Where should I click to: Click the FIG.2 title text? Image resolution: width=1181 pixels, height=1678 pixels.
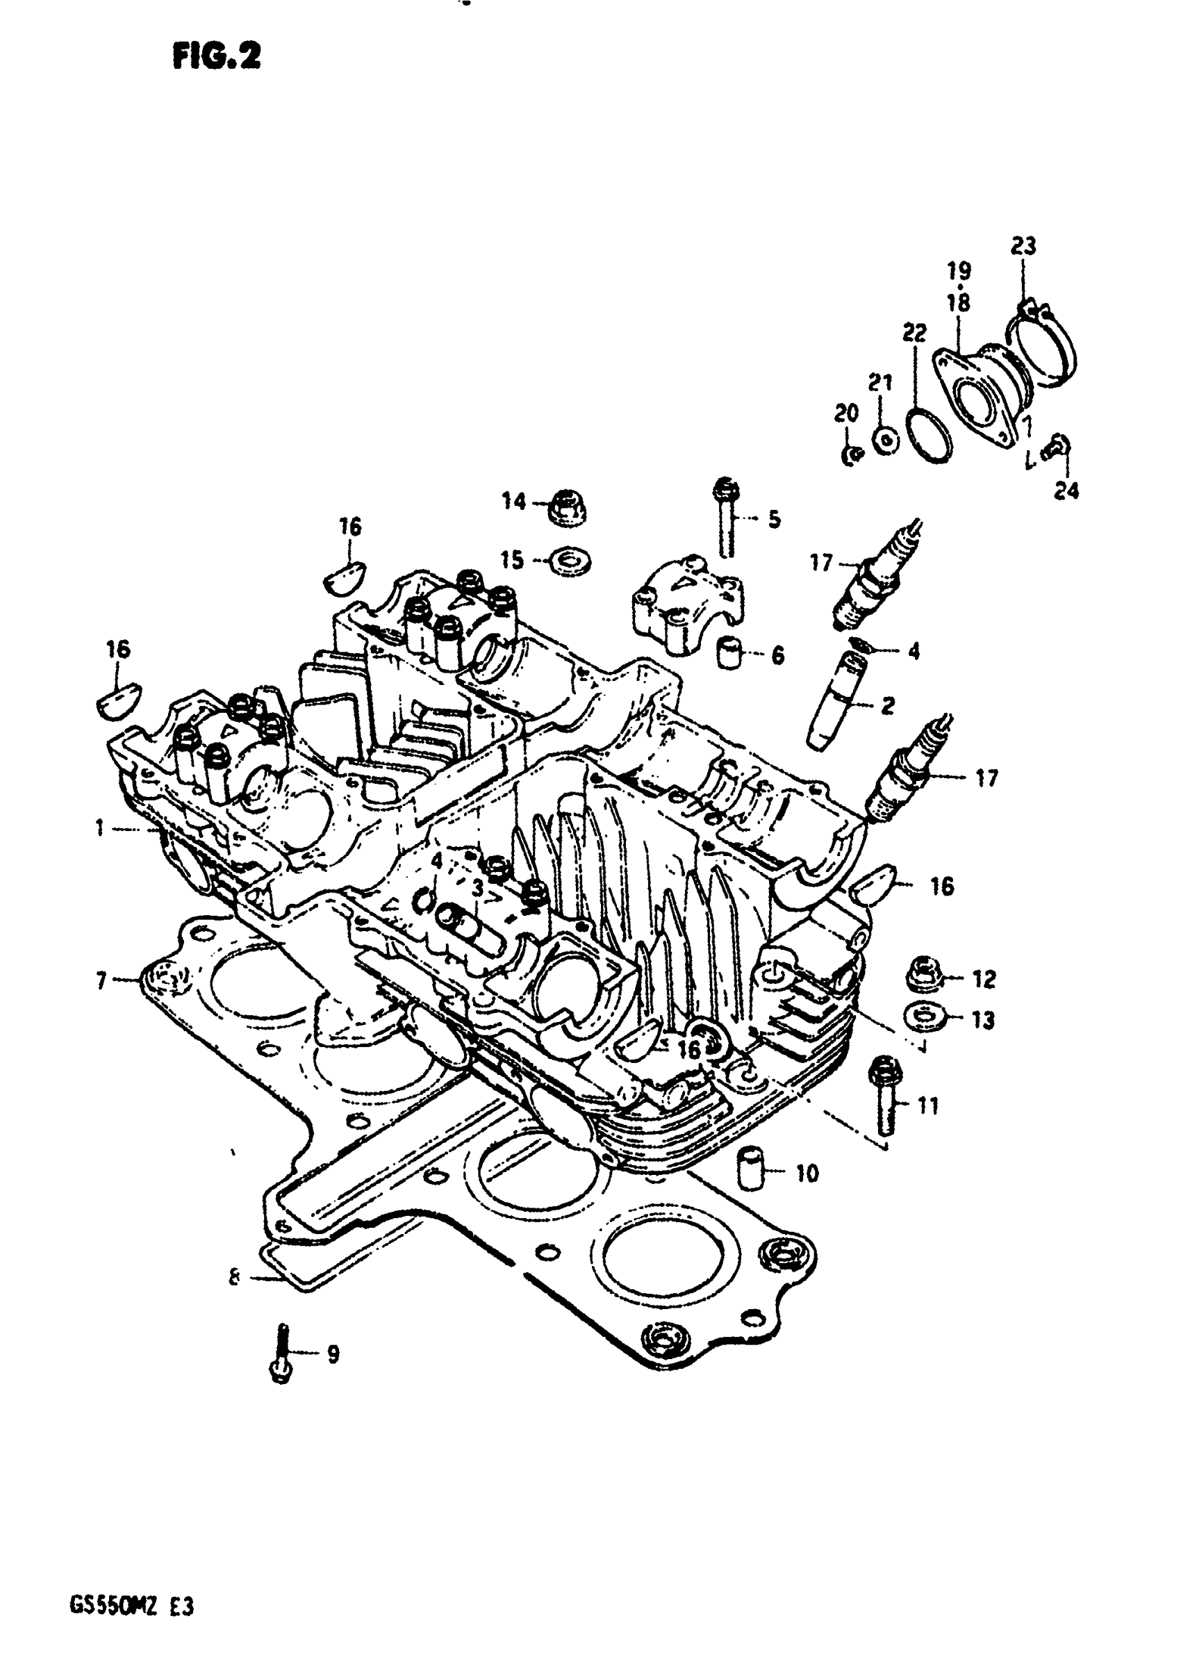tap(216, 56)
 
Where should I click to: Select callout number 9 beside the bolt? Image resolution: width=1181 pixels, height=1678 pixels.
tap(333, 1354)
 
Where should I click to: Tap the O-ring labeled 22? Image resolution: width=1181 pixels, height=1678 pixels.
tap(929, 436)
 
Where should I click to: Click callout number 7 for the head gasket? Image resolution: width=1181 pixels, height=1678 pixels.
tap(101, 979)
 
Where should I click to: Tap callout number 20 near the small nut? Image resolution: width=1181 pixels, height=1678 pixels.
tap(846, 413)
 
